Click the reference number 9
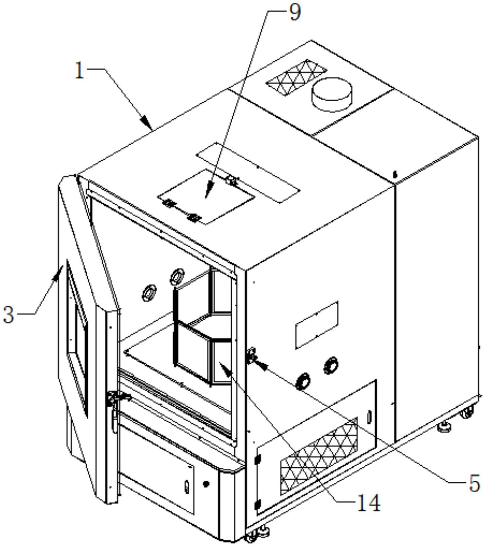point(295,13)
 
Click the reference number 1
point(80,71)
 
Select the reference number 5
point(474,484)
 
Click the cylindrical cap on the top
point(332,94)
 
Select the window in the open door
point(77,337)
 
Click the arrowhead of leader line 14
point(223,368)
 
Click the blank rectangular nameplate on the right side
point(317,324)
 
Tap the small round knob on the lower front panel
point(206,484)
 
